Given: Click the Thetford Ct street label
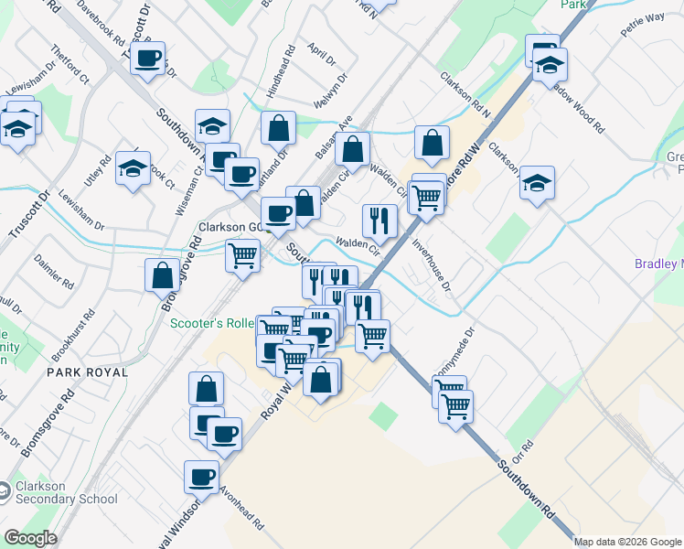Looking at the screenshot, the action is tap(70, 65).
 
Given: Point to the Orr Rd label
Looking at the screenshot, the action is tap(522, 452).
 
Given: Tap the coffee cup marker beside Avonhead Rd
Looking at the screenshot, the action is tap(201, 477).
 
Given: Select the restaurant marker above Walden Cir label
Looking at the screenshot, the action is tap(379, 221).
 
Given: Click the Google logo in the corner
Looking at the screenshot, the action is tap(30, 538).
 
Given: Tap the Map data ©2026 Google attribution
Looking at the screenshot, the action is tap(627, 542).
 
